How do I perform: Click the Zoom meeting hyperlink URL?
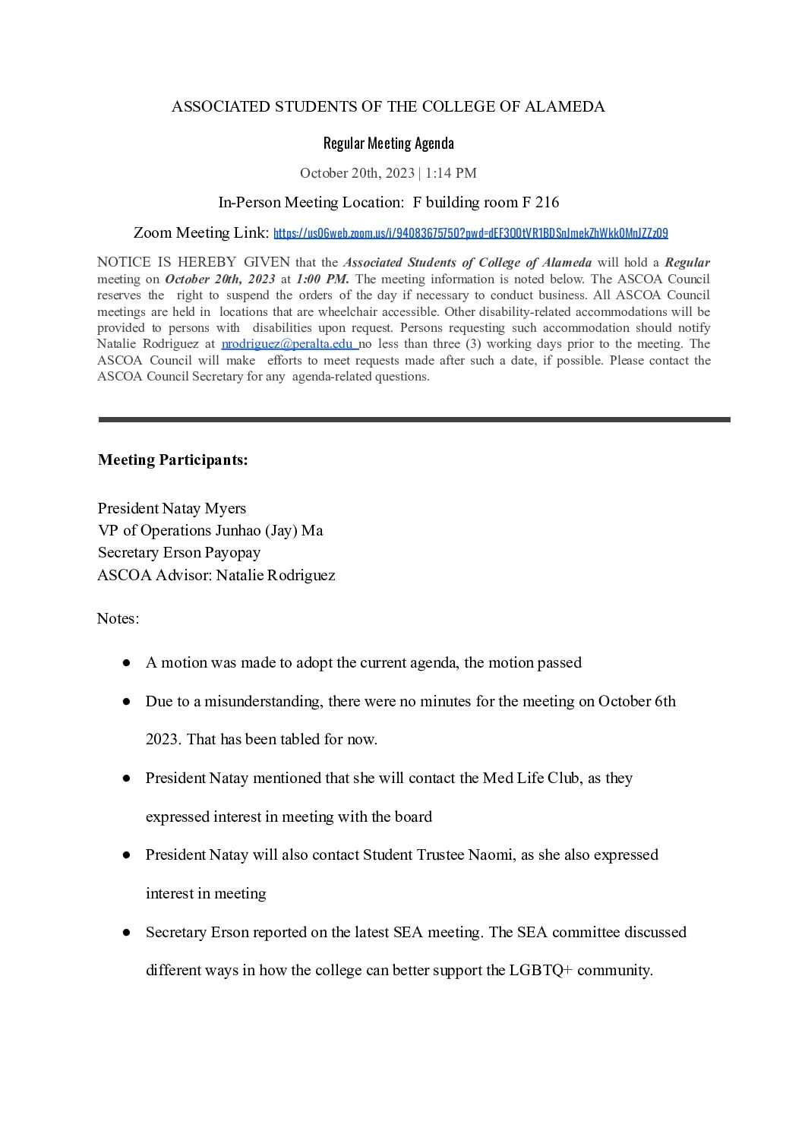470,233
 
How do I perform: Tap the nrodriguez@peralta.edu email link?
288,344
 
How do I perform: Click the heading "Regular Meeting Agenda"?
388,143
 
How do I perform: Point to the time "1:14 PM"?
451,173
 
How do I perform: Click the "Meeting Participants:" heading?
172,460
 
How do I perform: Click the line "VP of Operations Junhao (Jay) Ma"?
210,530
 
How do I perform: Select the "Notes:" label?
118,618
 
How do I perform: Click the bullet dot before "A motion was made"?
127,663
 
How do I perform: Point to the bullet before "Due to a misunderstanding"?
127,702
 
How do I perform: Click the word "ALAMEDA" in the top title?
567,107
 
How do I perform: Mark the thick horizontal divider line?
414,419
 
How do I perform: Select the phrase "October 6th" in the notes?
636,702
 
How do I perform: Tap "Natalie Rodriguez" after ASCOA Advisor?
276,575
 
